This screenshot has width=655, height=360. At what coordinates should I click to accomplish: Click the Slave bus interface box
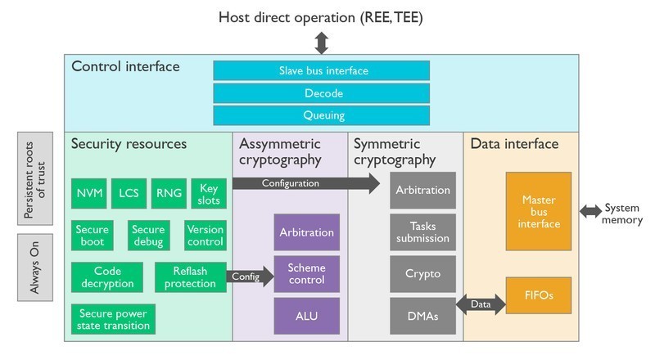[321, 70]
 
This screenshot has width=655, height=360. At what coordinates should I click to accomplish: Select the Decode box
[321, 93]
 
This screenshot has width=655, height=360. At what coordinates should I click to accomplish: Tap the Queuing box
[321, 115]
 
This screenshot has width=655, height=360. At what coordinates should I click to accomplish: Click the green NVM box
[88, 193]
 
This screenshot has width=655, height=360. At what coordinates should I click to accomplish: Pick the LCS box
[128, 193]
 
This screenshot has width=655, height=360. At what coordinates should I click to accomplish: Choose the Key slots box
[209, 193]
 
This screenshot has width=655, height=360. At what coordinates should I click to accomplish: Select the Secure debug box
[148, 236]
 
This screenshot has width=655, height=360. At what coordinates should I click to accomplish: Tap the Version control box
[205, 236]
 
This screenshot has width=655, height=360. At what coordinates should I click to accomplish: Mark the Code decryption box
[107, 277]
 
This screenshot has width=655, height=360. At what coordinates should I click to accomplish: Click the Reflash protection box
[190, 277]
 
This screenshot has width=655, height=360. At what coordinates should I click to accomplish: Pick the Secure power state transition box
[113, 318]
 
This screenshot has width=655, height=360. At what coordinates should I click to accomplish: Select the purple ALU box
[306, 317]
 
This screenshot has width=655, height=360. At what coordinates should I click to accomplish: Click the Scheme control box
[306, 274]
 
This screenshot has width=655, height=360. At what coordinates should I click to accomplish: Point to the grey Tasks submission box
[422, 232]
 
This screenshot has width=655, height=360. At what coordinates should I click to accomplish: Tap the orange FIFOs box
[538, 295]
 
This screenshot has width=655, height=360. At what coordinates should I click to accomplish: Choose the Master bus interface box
[538, 211]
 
